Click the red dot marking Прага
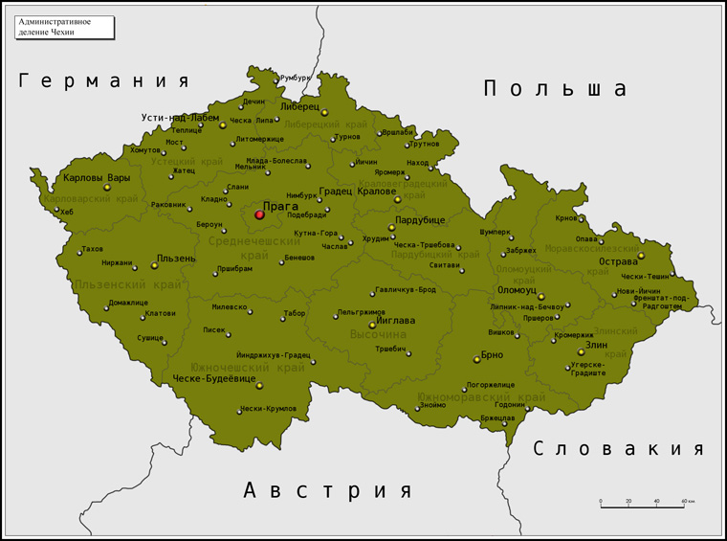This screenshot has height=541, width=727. pyautogui.click(x=259, y=214)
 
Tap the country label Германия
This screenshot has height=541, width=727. pyautogui.click(x=103, y=81)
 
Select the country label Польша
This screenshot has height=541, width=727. pyautogui.click(x=555, y=89)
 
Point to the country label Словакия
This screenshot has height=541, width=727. pyautogui.click(x=618, y=449)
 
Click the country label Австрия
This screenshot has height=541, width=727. pyautogui.click(x=328, y=491)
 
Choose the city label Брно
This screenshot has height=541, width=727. pyautogui.click(x=492, y=354)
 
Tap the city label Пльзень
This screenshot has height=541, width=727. pyautogui.click(x=176, y=259)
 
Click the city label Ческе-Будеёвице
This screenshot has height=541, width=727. pyautogui.click(x=214, y=379)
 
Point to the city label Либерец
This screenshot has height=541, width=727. pyautogui.click(x=300, y=106)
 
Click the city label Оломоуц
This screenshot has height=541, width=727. pyautogui.click(x=517, y=289)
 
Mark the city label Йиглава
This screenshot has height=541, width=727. pyautogui.click(x=395, y=321)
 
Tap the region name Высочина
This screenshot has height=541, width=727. pyautogui.click(x=378, y=335)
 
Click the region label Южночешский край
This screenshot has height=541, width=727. pyautogui.click(x=234, y=367)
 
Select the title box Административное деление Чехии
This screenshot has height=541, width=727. pyautogui.click(x=64, y=26)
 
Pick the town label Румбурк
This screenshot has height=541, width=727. pyautogui.click(x=296, y=78)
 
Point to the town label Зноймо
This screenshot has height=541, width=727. pyautogui.click(x=431, y=405)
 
